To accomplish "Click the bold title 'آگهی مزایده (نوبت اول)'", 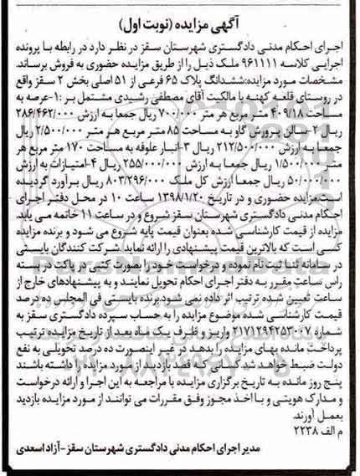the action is click(x=180, y=14).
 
